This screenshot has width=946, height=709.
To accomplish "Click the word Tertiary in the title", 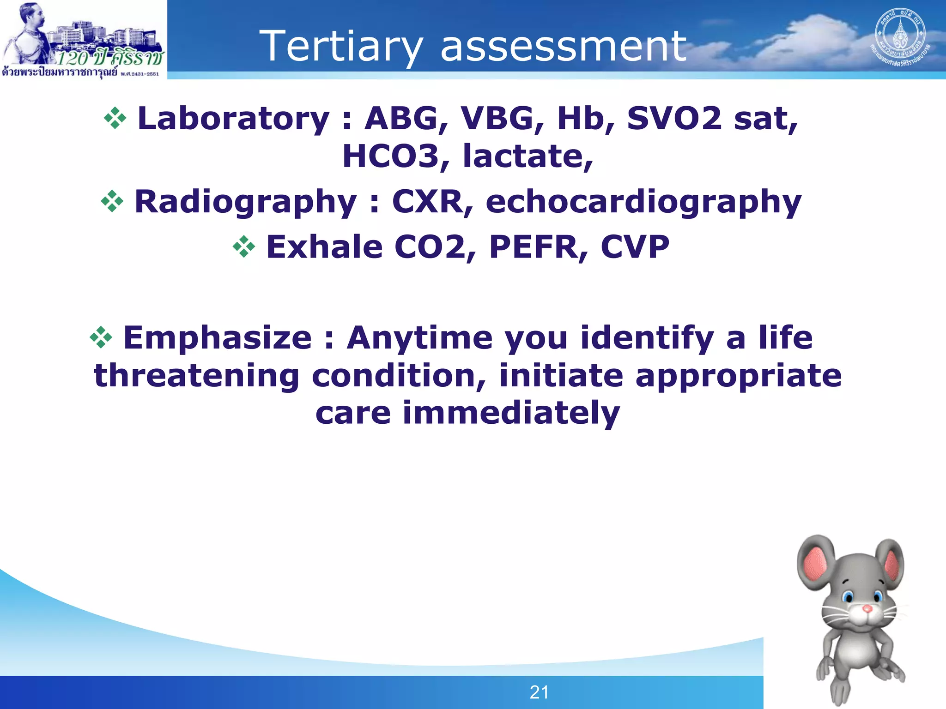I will click(341, 46).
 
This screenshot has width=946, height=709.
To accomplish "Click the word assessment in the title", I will click(563, 46).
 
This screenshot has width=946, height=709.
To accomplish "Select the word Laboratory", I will click(234, 118).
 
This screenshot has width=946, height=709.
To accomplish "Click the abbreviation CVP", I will click(635, 247).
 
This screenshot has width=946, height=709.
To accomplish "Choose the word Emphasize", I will click(218, 338).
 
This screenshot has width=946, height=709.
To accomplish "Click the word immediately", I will click(511, 413).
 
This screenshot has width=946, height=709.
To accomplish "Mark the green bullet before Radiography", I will click(112, 202).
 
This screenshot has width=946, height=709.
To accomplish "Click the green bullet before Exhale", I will click(244, 247).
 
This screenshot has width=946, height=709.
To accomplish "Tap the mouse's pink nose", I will click(867, 609).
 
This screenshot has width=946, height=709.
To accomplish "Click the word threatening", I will click(196, 376).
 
